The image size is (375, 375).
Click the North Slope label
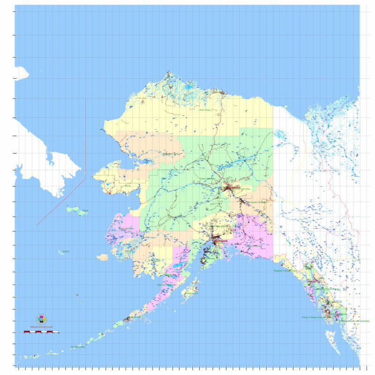[205, 110]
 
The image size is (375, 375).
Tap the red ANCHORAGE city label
[220, 241]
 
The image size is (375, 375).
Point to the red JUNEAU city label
[313, 281]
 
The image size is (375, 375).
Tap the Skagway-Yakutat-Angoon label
[285, 270]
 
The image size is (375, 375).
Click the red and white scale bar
[41, 332]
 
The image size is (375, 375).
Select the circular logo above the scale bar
[41, 319]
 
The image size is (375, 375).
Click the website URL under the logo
[41, 326]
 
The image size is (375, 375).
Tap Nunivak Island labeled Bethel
[61, 252]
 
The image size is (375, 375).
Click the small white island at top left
[20, 73]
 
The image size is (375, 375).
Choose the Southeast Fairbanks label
[255, 202]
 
